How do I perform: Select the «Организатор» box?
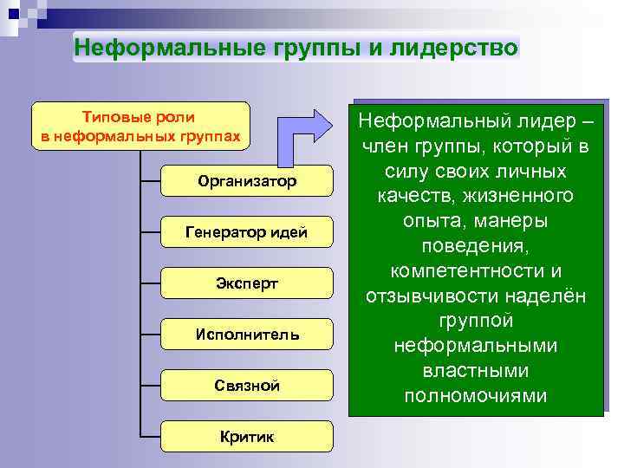coord(247,181)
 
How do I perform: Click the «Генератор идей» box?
coord(247,232)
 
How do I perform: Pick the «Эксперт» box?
coord(247,283)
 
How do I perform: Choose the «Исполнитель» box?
coord(247,335)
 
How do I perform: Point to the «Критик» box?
coord(247,437)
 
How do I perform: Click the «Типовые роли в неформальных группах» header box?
coord(140,127)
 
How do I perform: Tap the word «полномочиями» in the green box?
coord(475,396)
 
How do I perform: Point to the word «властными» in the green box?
coord(475,371)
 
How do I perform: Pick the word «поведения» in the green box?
coord(475,245)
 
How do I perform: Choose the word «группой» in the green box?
coord(475,321)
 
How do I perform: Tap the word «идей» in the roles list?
coord(289,232)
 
